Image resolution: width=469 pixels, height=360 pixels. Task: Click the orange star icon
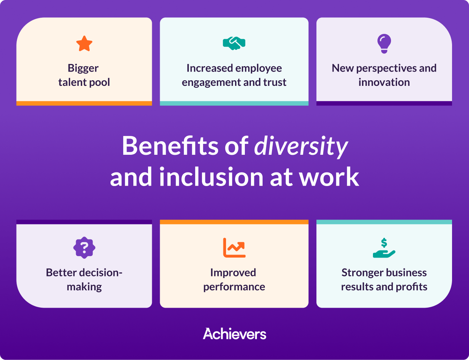84,44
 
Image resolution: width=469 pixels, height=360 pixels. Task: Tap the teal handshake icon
234,43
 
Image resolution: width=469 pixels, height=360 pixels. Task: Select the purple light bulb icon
384,43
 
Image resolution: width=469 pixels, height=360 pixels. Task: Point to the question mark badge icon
84,247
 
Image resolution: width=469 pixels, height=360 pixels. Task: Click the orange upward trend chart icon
234,247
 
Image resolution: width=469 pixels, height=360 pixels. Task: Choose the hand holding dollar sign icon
384,248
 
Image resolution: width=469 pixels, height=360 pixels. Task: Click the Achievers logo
234,334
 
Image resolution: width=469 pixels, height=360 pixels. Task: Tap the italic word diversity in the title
301,146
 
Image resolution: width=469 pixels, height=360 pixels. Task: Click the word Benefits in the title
170,146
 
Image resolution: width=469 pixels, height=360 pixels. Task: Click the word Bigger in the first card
83,69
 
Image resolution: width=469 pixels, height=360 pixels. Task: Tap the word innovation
384,82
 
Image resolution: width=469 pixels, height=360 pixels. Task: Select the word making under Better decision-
84,287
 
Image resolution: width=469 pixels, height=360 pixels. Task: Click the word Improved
233,273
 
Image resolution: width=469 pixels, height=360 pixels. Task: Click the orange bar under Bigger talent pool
84,103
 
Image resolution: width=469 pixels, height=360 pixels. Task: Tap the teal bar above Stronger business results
384,222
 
